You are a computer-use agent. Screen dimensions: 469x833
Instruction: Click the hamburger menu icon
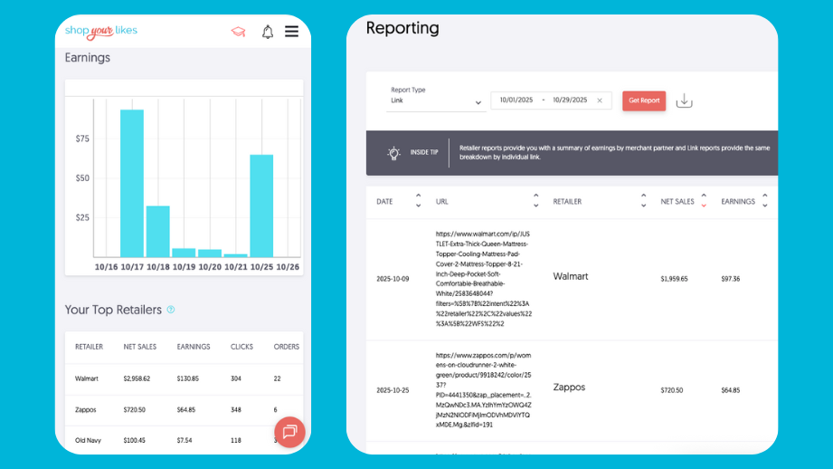[291, 32]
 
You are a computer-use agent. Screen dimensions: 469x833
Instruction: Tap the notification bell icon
[268, 32]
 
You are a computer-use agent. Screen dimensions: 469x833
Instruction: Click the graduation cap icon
[238, 32]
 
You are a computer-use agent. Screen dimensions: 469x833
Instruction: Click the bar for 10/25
[261, 206]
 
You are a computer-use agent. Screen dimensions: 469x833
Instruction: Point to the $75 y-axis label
[82, 139]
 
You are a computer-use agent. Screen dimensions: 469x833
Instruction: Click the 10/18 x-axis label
[158, 267]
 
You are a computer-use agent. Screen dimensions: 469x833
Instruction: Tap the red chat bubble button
[289, 432]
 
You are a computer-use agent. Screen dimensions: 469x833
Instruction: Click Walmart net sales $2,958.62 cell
[137, 378]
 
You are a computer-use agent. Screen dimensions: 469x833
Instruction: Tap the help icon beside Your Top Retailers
[171, 310]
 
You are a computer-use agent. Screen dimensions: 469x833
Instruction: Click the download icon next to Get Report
[685, 100]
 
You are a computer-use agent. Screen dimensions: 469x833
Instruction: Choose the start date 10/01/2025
[516, 100]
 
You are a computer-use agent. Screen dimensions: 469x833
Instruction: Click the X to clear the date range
[600, 100]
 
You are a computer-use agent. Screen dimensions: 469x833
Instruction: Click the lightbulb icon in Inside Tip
[394, 153]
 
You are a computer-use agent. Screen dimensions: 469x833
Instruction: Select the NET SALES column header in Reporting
[677, 201]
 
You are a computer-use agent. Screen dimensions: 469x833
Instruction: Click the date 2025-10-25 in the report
[393, 390]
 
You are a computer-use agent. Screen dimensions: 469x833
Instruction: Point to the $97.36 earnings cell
[730, 279]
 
